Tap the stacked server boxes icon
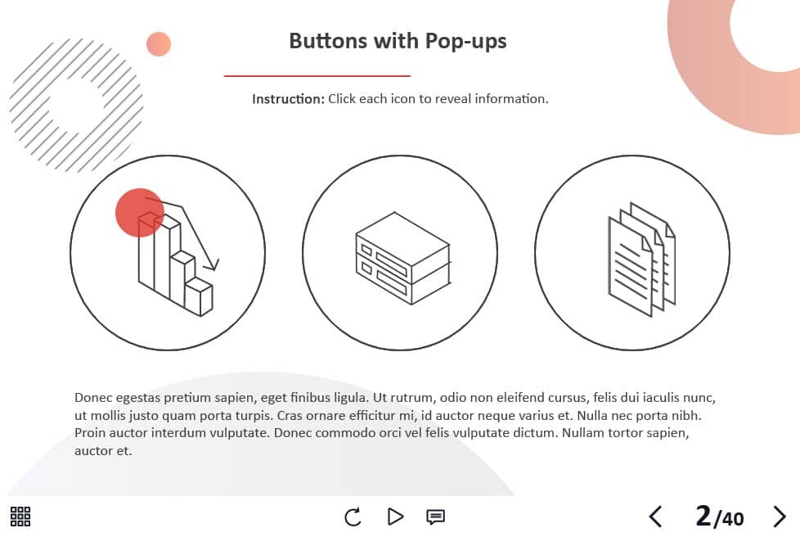(x=402, y=259)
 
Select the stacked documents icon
(x=642, y=259)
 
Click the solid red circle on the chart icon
(x=139, y=212)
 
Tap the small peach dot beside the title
(x=159, y=44)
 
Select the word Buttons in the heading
(x=328, y=41)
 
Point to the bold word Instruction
(x=288, y=99)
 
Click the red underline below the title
(x=317, y=76)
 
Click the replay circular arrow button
(x=353, y=517)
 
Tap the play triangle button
(x=395, y=517)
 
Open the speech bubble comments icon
(x=435, y=517)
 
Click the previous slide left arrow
(x=655, y=517)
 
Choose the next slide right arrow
(x=780, y=517)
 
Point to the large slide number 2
(x=703, y=516)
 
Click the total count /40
(x=729, y=519)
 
